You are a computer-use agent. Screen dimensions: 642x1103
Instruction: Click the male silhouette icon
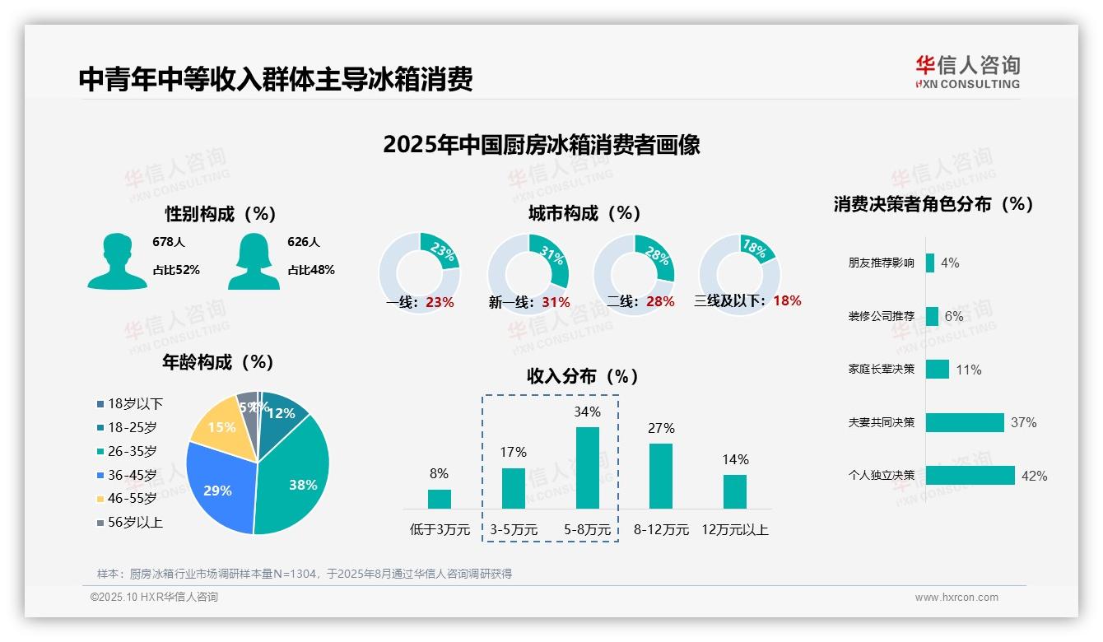point(118,261)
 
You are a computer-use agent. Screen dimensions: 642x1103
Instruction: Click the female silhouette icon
point(254,261)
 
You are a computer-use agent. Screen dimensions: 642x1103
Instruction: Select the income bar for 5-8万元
point(588,468)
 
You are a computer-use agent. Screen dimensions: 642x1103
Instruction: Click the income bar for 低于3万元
point(440,499)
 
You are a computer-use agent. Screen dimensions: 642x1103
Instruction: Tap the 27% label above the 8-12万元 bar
point(661,428)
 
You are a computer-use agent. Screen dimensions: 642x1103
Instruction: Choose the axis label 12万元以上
point(734,530)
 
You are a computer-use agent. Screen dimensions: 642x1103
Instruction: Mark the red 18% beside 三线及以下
point(787,300)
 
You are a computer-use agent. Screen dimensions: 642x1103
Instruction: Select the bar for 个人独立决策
point(970,475)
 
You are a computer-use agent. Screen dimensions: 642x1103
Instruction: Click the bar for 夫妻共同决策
point(965,422)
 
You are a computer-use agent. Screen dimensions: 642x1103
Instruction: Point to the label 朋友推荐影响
point(881,263)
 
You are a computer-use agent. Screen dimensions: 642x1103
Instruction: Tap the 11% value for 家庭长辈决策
point(969,370)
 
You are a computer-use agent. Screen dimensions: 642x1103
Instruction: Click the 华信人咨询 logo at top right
point(968,72)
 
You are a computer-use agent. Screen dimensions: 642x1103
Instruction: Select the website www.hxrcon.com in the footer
point(956,598)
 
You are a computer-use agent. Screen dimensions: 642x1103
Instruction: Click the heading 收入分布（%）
point(584,376)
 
